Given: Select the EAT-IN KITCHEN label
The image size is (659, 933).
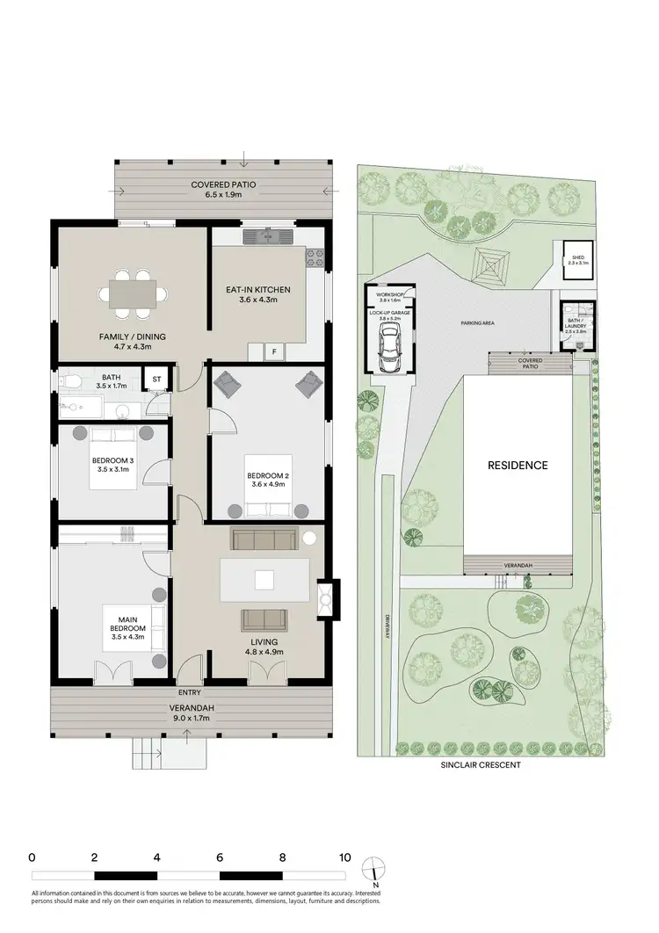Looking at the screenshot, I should pos(258,294).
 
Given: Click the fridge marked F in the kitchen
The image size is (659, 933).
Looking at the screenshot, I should pos(274,351).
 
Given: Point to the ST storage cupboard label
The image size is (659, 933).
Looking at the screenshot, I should pos(157,380).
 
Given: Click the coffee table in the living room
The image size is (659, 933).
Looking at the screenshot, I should pos(264,579).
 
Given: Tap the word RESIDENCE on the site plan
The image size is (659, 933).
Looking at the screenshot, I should pos(518,465).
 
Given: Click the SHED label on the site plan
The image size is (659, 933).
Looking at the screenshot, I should pos(577,257).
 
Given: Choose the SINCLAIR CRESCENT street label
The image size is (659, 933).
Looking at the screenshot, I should pos(481,765).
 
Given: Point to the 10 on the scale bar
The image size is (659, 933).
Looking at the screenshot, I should pos(345,857).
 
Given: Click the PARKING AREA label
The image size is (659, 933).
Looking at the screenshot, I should pos(477,323).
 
